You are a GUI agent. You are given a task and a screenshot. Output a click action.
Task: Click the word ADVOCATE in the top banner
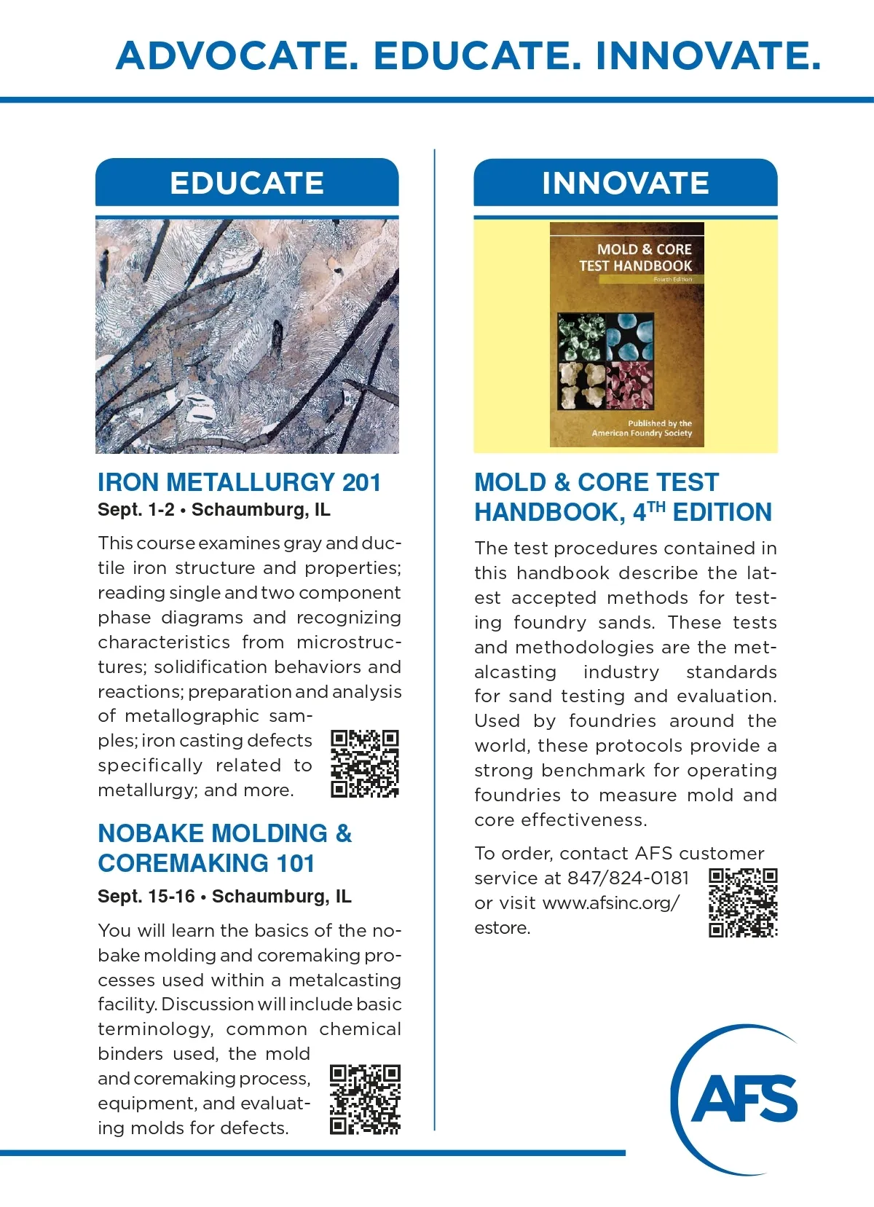pos(237,56)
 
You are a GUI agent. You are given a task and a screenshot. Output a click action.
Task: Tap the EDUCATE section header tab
pos(247,183)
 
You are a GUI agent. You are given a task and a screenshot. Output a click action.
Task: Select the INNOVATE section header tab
pos(626,183)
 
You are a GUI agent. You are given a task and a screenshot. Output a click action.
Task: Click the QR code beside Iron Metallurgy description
pos(365,763)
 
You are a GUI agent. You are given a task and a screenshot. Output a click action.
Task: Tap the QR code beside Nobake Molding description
pos(365,1100)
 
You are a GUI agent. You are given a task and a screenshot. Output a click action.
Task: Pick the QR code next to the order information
pos(743,902)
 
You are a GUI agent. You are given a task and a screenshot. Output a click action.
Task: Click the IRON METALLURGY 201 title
pos(240,482)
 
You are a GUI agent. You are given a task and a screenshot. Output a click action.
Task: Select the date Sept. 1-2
pos(136,510)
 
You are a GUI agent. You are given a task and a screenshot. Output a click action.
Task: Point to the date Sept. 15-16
pos(146,896)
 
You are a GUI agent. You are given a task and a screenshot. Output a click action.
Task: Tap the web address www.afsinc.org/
pos(611,903)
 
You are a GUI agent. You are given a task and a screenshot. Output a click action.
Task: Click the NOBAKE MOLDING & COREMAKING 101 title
pos(225,848)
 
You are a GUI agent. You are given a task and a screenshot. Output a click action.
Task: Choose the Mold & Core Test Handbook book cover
pos(626,335)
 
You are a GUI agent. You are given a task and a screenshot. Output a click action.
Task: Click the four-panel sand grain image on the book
pos(605,361)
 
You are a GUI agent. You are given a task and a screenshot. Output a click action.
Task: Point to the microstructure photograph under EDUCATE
pos(247,335)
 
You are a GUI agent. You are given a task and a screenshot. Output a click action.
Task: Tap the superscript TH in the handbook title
pos(656,507)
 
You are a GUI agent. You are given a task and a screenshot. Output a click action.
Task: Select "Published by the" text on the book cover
pos(660,423)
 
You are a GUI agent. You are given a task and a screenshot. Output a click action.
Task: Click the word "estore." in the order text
pos(503,928)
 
